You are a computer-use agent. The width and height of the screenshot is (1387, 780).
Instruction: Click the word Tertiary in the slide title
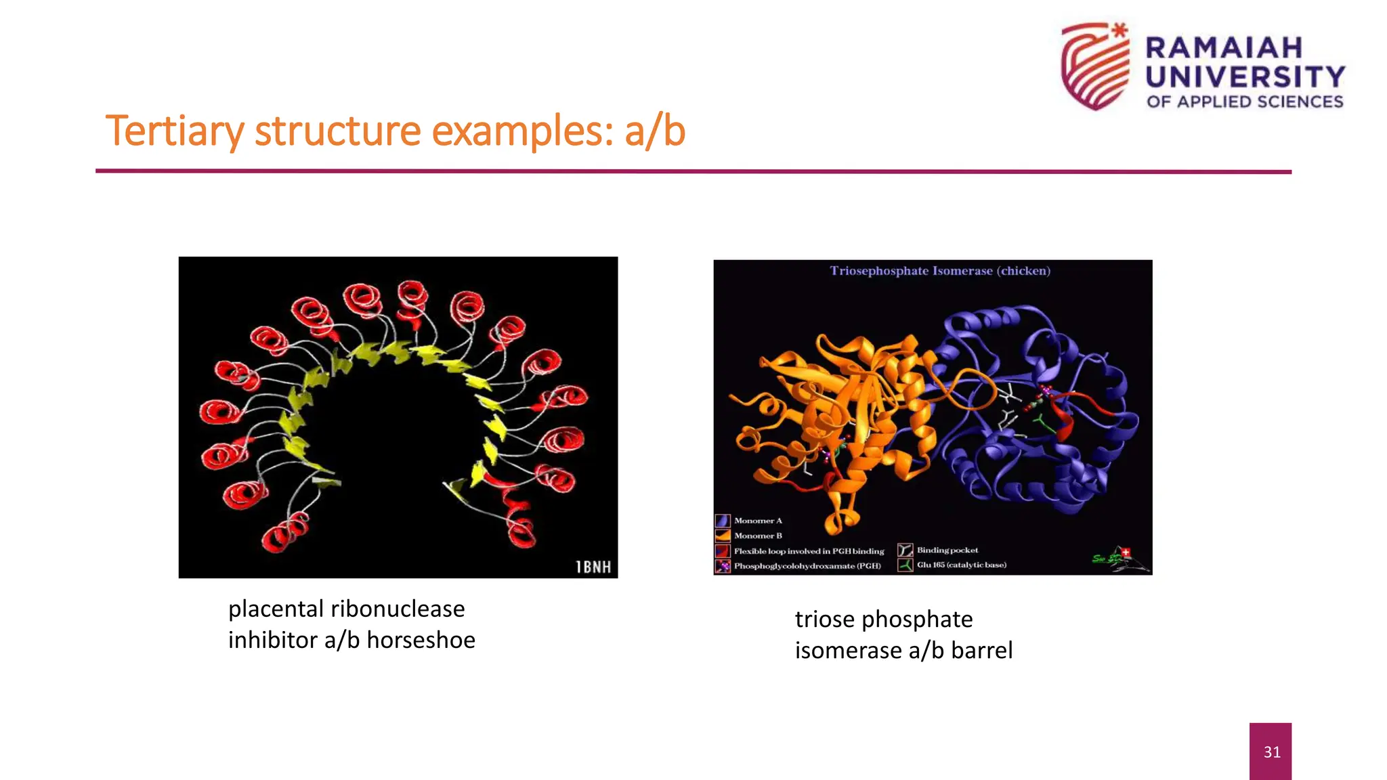click(x=174, y=131)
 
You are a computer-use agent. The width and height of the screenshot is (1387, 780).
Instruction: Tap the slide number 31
click(x=1271, y=752)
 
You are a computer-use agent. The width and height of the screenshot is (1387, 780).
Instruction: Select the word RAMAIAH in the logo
click(x=1224, y=48)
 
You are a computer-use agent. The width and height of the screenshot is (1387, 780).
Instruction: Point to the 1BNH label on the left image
click(x=593, y=567)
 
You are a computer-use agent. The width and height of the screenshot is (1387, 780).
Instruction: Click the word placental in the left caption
click(x=273, y=609)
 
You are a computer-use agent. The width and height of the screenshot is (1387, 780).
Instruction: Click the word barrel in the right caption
click(x=981, y=651)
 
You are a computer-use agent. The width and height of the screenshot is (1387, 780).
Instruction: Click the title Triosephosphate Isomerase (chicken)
click(x=940, y=271)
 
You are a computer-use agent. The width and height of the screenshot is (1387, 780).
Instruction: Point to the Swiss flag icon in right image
click(x=1126, y=552)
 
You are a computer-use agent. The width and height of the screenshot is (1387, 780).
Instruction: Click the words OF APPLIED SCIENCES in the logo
click(x=1245, y=102)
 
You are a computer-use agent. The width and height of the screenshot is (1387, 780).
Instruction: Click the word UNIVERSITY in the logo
click(x=1245, y=77)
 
